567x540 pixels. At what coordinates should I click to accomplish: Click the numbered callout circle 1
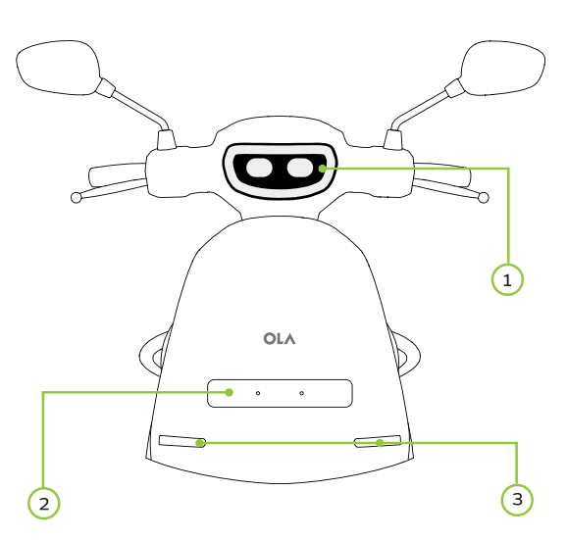pyautogui.click(x=507, y=279)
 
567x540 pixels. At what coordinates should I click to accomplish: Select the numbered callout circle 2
pyautogui.click(x=44, y=503)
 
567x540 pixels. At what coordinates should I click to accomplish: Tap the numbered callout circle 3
pyautogui.click(x=517, y=500)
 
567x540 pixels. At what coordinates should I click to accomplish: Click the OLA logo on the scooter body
pyautogui.click(x=280, y=339)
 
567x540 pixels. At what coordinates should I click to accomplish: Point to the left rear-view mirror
pyautogui.click(x=58, y=68)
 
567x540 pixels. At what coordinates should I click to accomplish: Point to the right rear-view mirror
pyautogui.click(x=503, y=68)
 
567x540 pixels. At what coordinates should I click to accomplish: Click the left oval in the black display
pyautogui.click(x=259, y=168)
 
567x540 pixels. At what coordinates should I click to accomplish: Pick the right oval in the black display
pyautogui.click(x=300, y=168)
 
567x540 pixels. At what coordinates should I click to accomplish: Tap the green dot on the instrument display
pyautogui.click(x=322, y=169)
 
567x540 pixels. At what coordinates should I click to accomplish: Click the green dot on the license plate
pyautogui.click(x=229, y=392)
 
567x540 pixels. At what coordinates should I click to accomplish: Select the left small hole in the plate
pyautogui.click(x=258, y=393)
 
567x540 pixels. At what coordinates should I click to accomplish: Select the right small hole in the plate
pyautogui.click(x=301, y=393)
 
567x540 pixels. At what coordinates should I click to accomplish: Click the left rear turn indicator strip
pyautogui.click(x=182, y=441)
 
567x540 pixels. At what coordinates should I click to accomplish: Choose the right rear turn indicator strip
pyautogui.click(x=378, y=441)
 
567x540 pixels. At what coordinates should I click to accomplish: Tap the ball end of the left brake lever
pyautogui.click(x=76, y=198)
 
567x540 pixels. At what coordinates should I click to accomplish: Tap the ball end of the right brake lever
pyautogui.click(x=484, y=198)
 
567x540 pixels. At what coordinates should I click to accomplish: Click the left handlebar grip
pyautogui.click(x=118, y=174)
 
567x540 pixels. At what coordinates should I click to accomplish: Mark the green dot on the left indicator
pyautogui.click(x=199, y=443)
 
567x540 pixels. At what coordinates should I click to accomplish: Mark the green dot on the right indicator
pyautogui.click(x=380, y=443)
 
